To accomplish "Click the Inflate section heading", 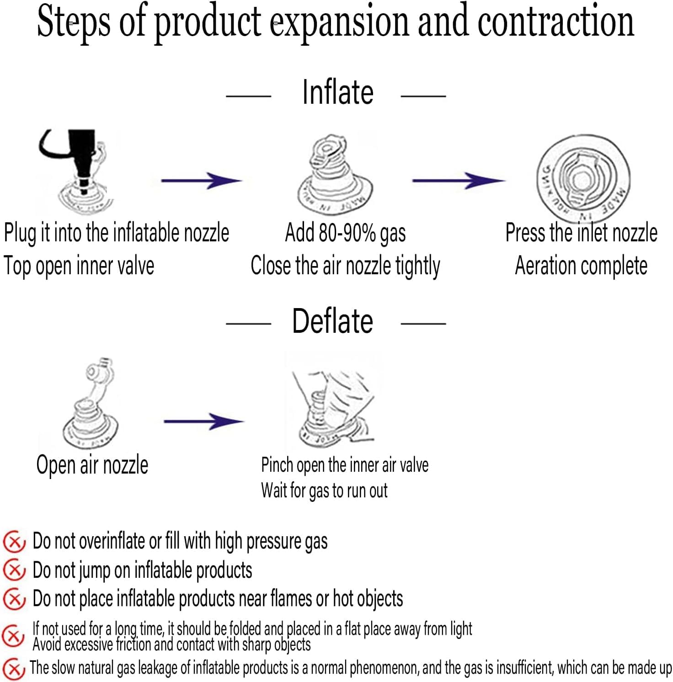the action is pos(338,92).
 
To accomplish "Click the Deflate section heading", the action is pos(332,321).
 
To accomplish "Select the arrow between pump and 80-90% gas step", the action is pos(201,181).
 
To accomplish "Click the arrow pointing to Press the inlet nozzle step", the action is pos(459,181).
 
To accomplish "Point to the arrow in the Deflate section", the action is pos(203,421).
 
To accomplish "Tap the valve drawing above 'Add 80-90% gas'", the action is pos(335,176).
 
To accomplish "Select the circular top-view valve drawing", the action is pos(583,176).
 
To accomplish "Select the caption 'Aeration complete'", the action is pos(581,266).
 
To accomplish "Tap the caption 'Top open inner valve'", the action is pos(79,266).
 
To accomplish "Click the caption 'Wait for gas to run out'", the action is pos(324,490).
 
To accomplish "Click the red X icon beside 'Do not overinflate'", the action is pos(14,542).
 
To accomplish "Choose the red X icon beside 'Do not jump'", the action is pos(14,570).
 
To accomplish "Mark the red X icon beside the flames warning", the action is pos(14,599).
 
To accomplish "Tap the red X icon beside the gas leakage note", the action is pos(14,669).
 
